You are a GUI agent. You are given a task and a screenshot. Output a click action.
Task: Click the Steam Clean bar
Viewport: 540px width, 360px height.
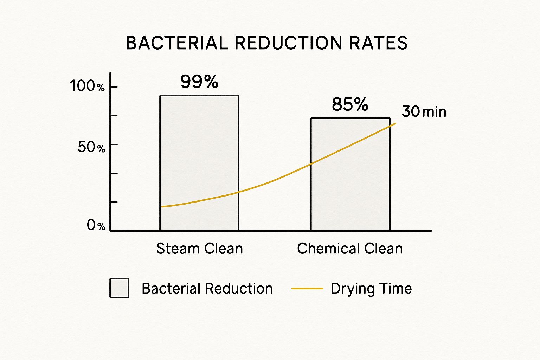(199, 148)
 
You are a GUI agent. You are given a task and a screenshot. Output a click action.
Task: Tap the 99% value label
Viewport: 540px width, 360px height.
(199, 82)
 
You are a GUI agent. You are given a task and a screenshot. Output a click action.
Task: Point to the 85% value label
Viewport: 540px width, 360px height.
(350, 104)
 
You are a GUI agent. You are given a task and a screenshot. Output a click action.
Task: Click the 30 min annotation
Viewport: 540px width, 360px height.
(424, 112)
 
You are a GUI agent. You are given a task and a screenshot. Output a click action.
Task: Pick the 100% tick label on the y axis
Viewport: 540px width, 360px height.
(87, 86)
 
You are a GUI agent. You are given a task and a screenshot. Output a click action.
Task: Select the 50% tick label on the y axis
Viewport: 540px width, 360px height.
(91, 147)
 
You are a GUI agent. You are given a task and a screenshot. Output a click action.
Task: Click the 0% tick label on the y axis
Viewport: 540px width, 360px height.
(96, 225)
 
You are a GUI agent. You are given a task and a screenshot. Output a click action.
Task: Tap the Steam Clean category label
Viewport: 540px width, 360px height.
(199, 249)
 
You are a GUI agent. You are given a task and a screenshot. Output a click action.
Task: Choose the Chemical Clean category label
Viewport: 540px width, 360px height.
(350, 249)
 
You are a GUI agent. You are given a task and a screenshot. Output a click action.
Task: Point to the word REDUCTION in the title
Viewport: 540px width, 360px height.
(288, 43)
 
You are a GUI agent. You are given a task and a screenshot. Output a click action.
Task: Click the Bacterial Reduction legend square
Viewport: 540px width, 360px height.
(119, 288)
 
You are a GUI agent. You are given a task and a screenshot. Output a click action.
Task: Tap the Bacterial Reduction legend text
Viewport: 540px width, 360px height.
(207, 289)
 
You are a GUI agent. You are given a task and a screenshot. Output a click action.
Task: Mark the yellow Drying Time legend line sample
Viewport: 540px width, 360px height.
(307, 289)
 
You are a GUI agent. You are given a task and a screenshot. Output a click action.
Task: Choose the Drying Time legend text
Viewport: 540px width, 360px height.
(371, 289)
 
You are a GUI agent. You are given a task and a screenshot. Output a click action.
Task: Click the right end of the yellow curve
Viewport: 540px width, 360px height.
(396, 123)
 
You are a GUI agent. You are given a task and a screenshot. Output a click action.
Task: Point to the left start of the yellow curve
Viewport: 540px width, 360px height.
(162, 207)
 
